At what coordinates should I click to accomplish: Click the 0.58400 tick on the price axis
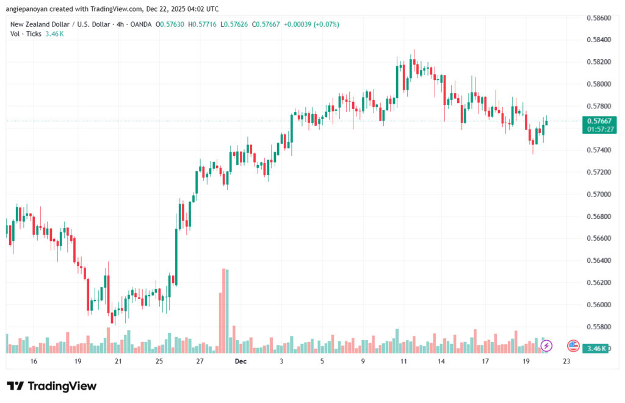598,40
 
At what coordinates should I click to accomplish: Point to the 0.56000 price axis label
598,304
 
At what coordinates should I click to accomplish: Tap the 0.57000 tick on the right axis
598,194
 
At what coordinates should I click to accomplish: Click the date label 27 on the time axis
200,362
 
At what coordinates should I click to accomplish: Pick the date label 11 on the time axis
403,362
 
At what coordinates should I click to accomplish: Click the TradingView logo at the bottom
51,386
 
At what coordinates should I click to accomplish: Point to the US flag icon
573,346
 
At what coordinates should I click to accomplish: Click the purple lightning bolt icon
546,346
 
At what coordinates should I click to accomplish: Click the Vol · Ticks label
26,34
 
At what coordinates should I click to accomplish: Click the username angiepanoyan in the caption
31,9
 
